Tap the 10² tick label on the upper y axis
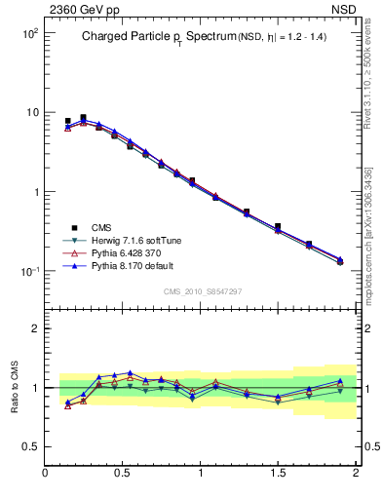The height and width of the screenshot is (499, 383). pos(30,33)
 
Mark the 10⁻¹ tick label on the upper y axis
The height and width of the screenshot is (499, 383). pos(30,271)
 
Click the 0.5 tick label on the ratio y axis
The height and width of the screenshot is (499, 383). pos(31,446)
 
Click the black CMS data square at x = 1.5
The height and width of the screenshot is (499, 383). pos(278,226)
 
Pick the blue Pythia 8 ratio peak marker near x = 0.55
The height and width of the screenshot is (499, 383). pos(130,372)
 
